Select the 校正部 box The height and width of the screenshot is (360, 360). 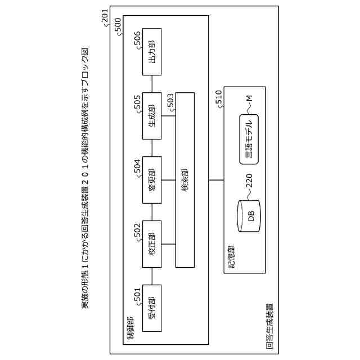click(152, 244)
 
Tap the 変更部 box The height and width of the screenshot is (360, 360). click(152, 180)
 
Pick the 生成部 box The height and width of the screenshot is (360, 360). click(152, 116)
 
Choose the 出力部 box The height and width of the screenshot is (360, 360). click(152, 52)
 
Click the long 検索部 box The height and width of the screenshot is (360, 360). click(185, 179)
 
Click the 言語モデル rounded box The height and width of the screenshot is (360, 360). click(249, 139)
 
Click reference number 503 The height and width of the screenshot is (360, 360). click(170, 102)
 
